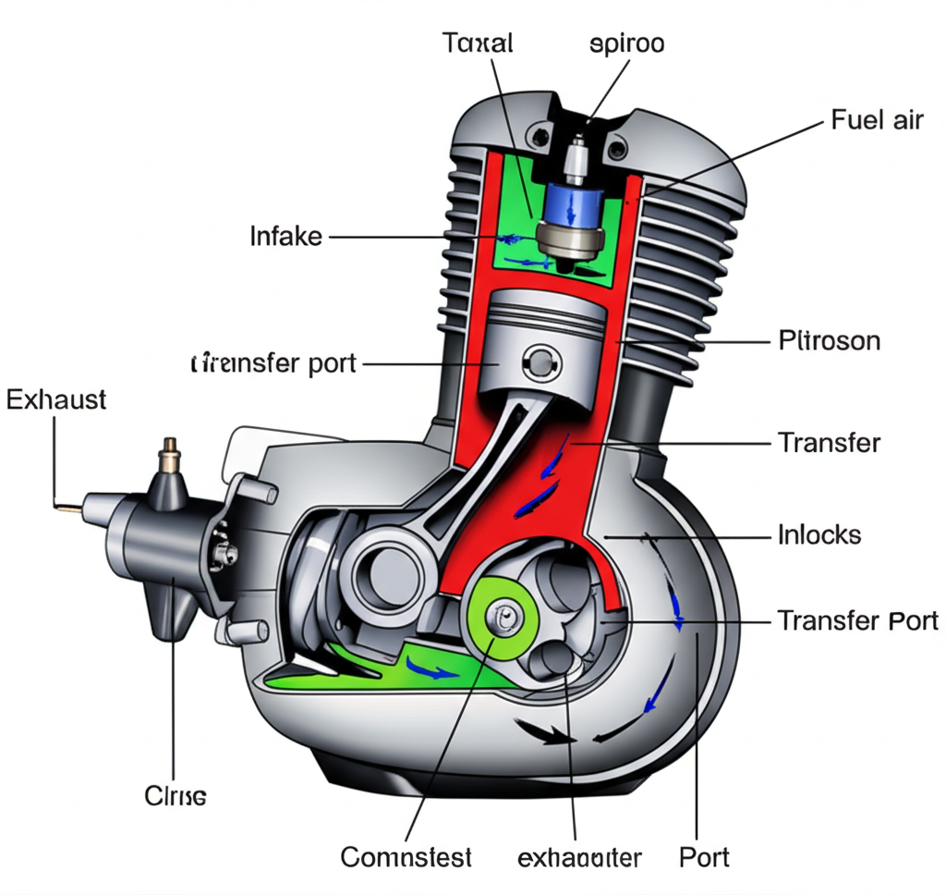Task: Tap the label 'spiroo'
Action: (626, 43)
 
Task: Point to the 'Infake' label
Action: (286, 237)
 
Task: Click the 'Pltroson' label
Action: (829, 341)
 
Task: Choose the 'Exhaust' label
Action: (56, 400)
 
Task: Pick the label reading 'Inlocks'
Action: (819, 534)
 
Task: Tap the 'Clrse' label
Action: (176, 795)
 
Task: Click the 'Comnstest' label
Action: (406, 857)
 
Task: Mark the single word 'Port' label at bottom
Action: (704, 856)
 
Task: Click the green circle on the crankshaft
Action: (504, 619)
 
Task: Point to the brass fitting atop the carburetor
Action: (170, 454)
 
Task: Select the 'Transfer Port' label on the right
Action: (857, 620)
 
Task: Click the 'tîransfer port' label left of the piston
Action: (273, 363)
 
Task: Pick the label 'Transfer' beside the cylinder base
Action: (829, 443)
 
